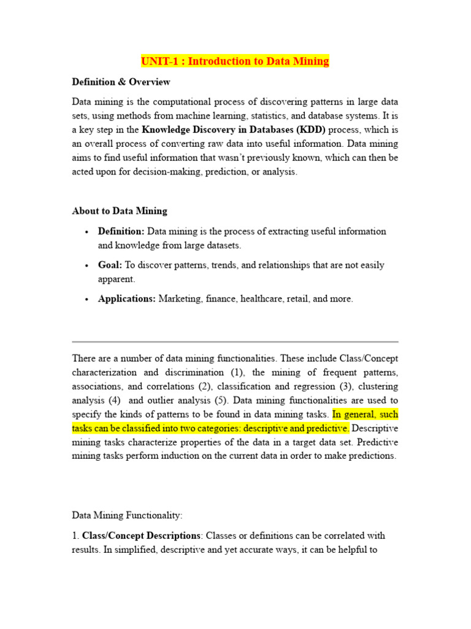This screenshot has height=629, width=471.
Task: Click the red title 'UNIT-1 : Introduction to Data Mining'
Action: coord(235,61)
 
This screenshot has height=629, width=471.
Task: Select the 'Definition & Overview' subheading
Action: coord(121,82)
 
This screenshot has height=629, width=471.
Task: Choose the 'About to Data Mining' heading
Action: coord(119,211)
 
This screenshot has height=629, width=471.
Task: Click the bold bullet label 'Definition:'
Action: coord(121,232)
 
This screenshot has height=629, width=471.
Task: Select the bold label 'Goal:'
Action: coord(110,265)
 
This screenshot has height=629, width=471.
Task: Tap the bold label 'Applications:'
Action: coord(126,299)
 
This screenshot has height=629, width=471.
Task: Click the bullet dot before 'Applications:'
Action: coord(86,300)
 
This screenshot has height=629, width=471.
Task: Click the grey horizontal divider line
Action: coord(235,342)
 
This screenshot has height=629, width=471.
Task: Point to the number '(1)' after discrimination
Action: coord(237,372)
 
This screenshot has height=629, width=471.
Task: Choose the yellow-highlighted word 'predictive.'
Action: coord(330,428)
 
